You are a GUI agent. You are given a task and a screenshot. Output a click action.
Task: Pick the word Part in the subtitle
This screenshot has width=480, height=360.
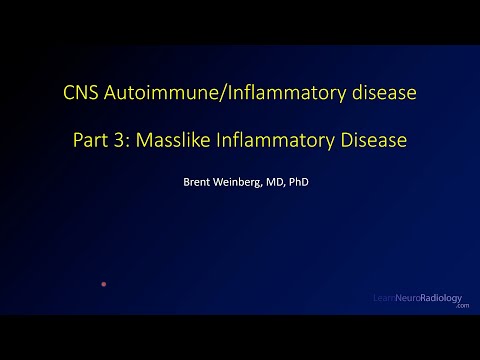(x=92, y=141)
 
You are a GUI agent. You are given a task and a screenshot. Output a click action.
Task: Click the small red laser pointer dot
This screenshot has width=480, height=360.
(x=103, y=284)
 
